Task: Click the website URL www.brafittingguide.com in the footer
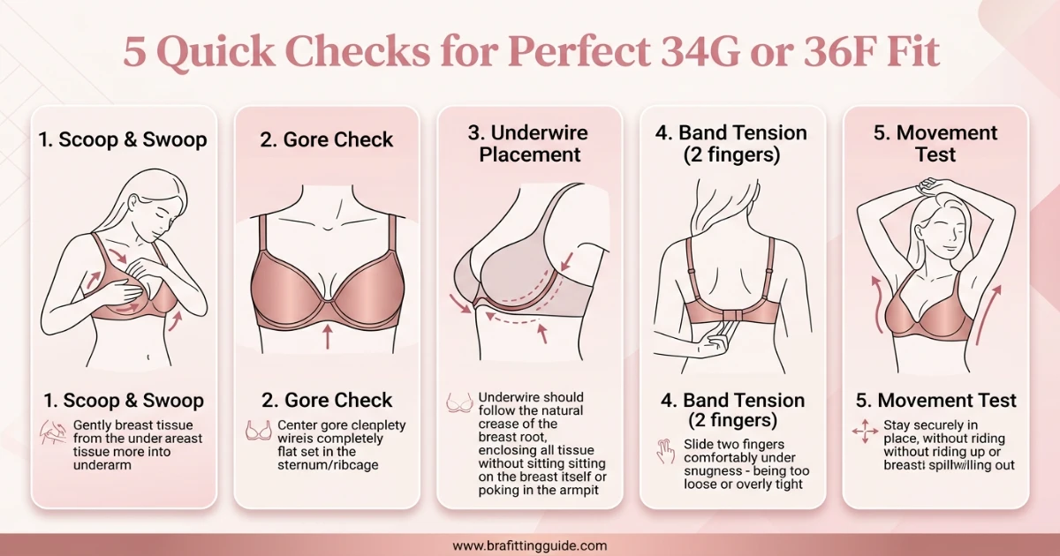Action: coord(529,545)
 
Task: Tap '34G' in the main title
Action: coord(685,53)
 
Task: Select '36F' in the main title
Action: coord(828,53)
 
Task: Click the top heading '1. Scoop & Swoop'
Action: coord(123,139)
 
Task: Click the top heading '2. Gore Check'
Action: coord(327,139)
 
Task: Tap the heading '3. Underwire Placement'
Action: coord(529,144)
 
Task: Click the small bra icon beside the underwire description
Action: coord(459,404)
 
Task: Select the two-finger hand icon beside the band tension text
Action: coord(664,450)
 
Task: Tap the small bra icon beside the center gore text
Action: coord(258,431)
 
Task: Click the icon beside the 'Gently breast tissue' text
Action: coord(54,432)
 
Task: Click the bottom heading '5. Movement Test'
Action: coord(936,400)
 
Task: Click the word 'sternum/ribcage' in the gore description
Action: coord(328,465)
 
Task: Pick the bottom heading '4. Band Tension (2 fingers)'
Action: coord(733,409)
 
